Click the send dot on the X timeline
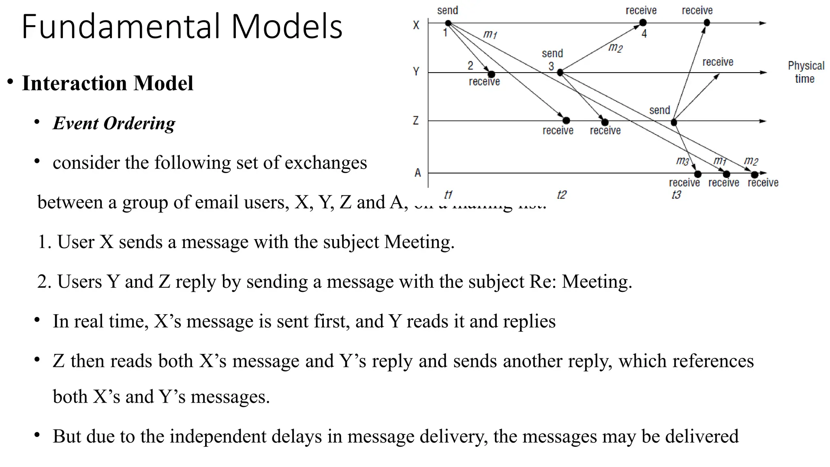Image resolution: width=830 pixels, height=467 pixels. [x=448, y=23]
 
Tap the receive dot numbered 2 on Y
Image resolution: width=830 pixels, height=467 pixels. [x=491, y=74]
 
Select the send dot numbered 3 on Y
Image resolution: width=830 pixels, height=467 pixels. [x=560, y=73]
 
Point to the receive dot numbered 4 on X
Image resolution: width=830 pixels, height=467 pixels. [x=643, y=23]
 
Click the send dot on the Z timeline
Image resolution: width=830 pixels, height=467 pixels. [x=674, y=122]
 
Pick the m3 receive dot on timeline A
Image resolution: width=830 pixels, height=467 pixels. [x=697, y=174]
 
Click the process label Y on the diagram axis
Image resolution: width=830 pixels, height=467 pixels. [x=416, y=72]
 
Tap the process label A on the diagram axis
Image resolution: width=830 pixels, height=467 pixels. [x=417, y=173]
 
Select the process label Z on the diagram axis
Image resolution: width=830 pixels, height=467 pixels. [x=416, y=121]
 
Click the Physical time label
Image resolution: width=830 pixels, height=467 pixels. [x=806, y=72]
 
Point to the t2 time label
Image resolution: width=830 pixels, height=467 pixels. [x=561, y=195]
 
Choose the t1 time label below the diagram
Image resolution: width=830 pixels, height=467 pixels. [x=448, y=195]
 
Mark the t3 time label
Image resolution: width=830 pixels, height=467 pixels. [x=676, y=195]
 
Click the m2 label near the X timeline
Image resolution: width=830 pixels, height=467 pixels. [x=615, y=48]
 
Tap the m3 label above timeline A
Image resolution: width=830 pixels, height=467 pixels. [x=682, y=161]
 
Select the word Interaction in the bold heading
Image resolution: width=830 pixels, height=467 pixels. [x=75, y=83]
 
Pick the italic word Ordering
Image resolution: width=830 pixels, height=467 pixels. [x=139, y=123]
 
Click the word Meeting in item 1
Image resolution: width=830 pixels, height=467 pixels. [x=419, y=242]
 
